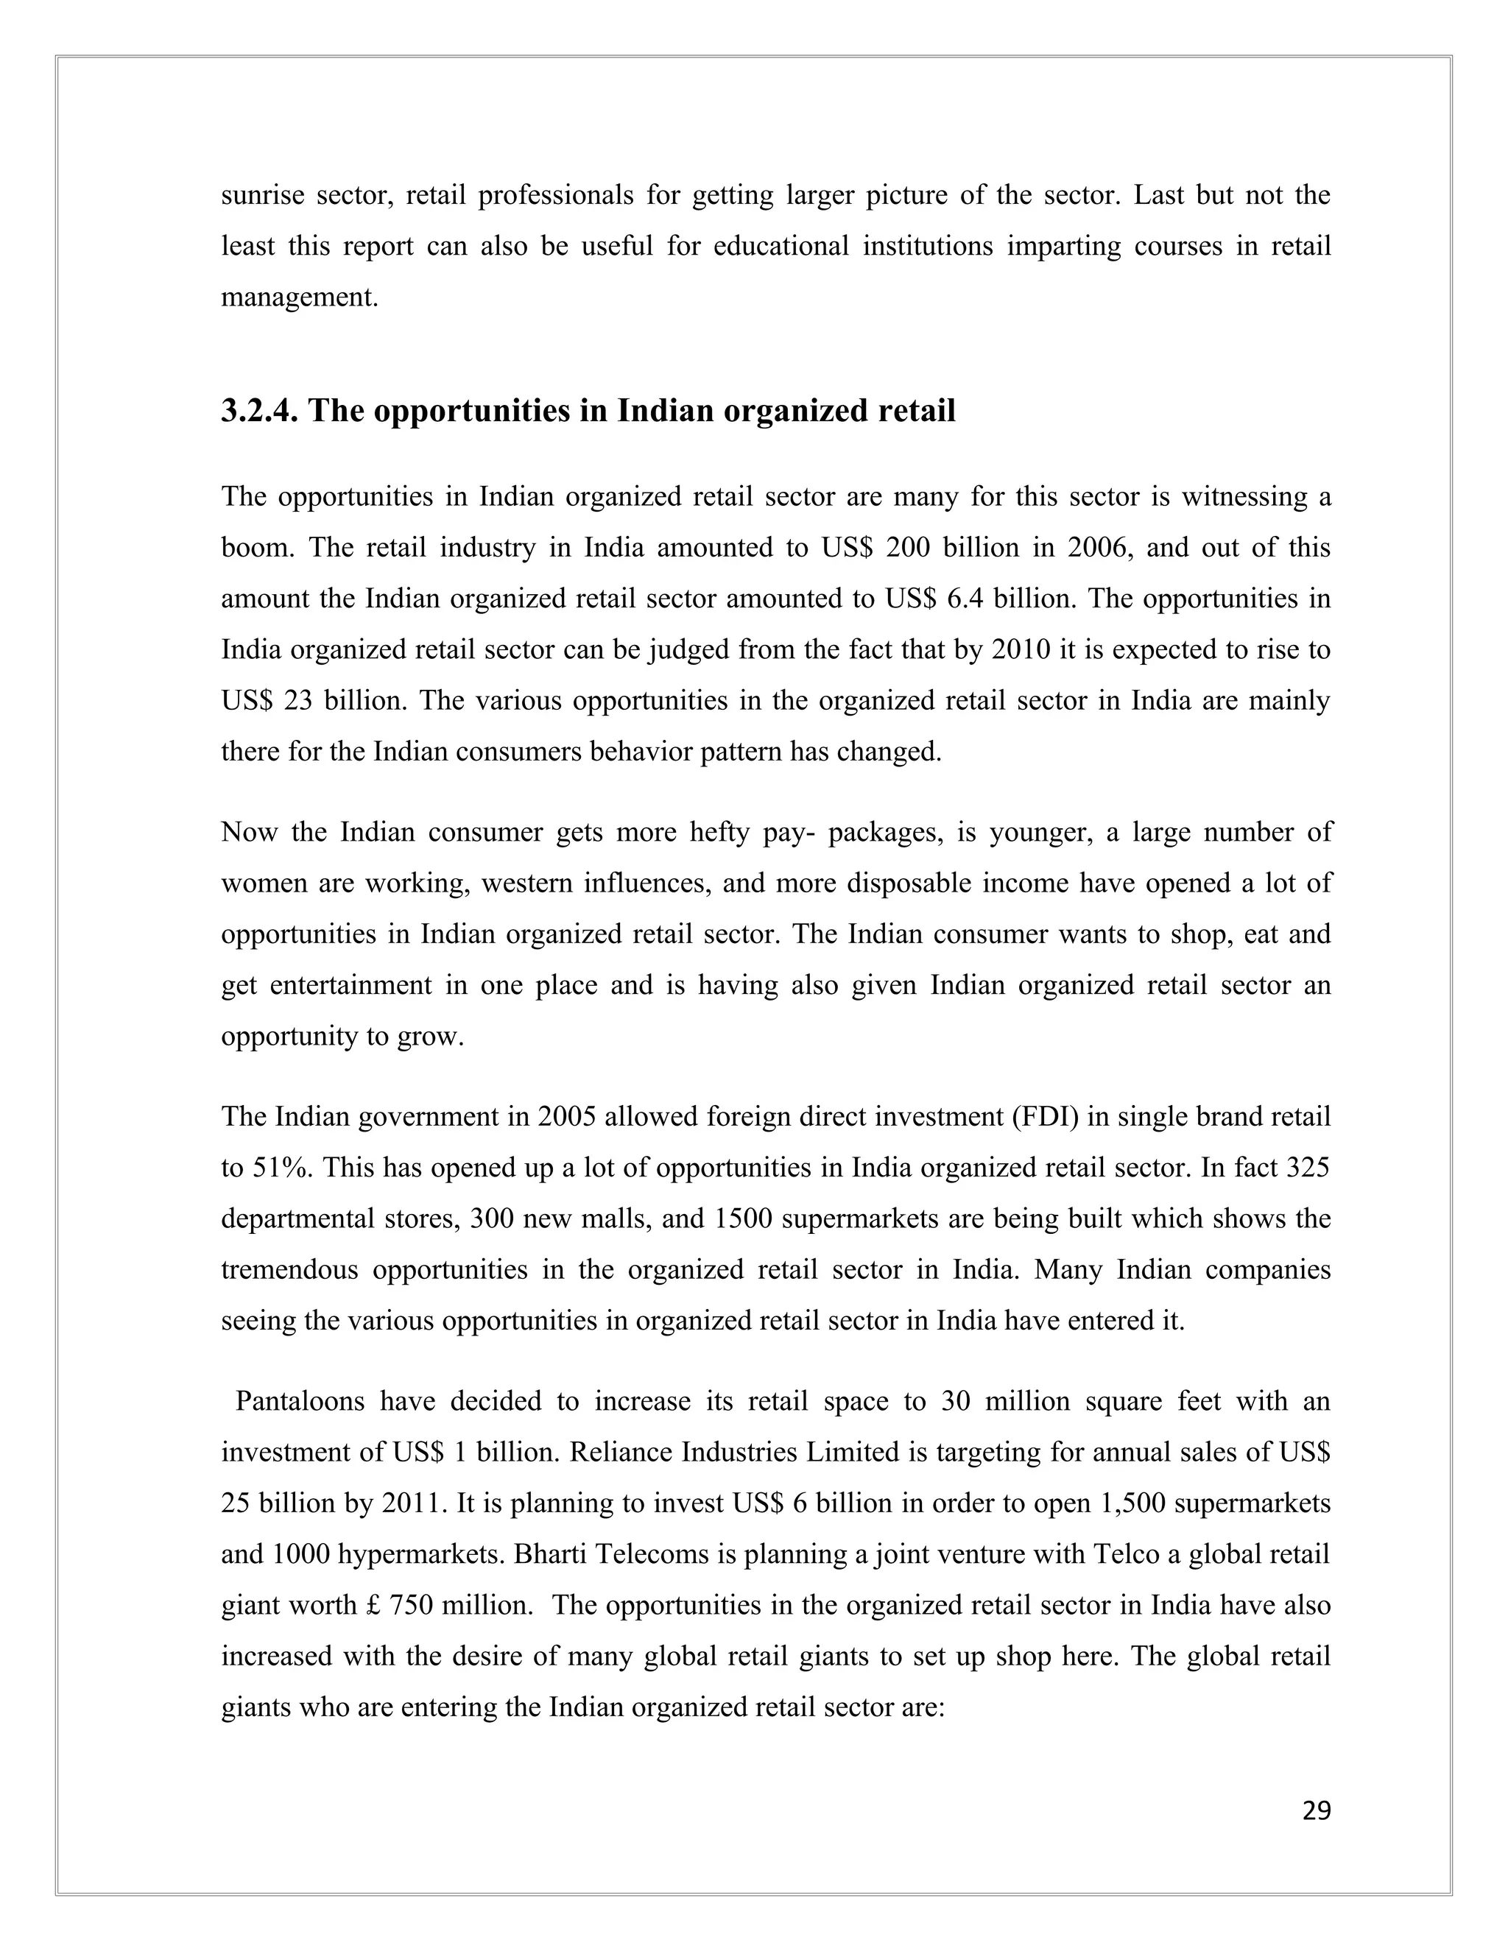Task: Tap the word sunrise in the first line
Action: click(x=261, y=195)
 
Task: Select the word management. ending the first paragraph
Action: click(x=299, y=297)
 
